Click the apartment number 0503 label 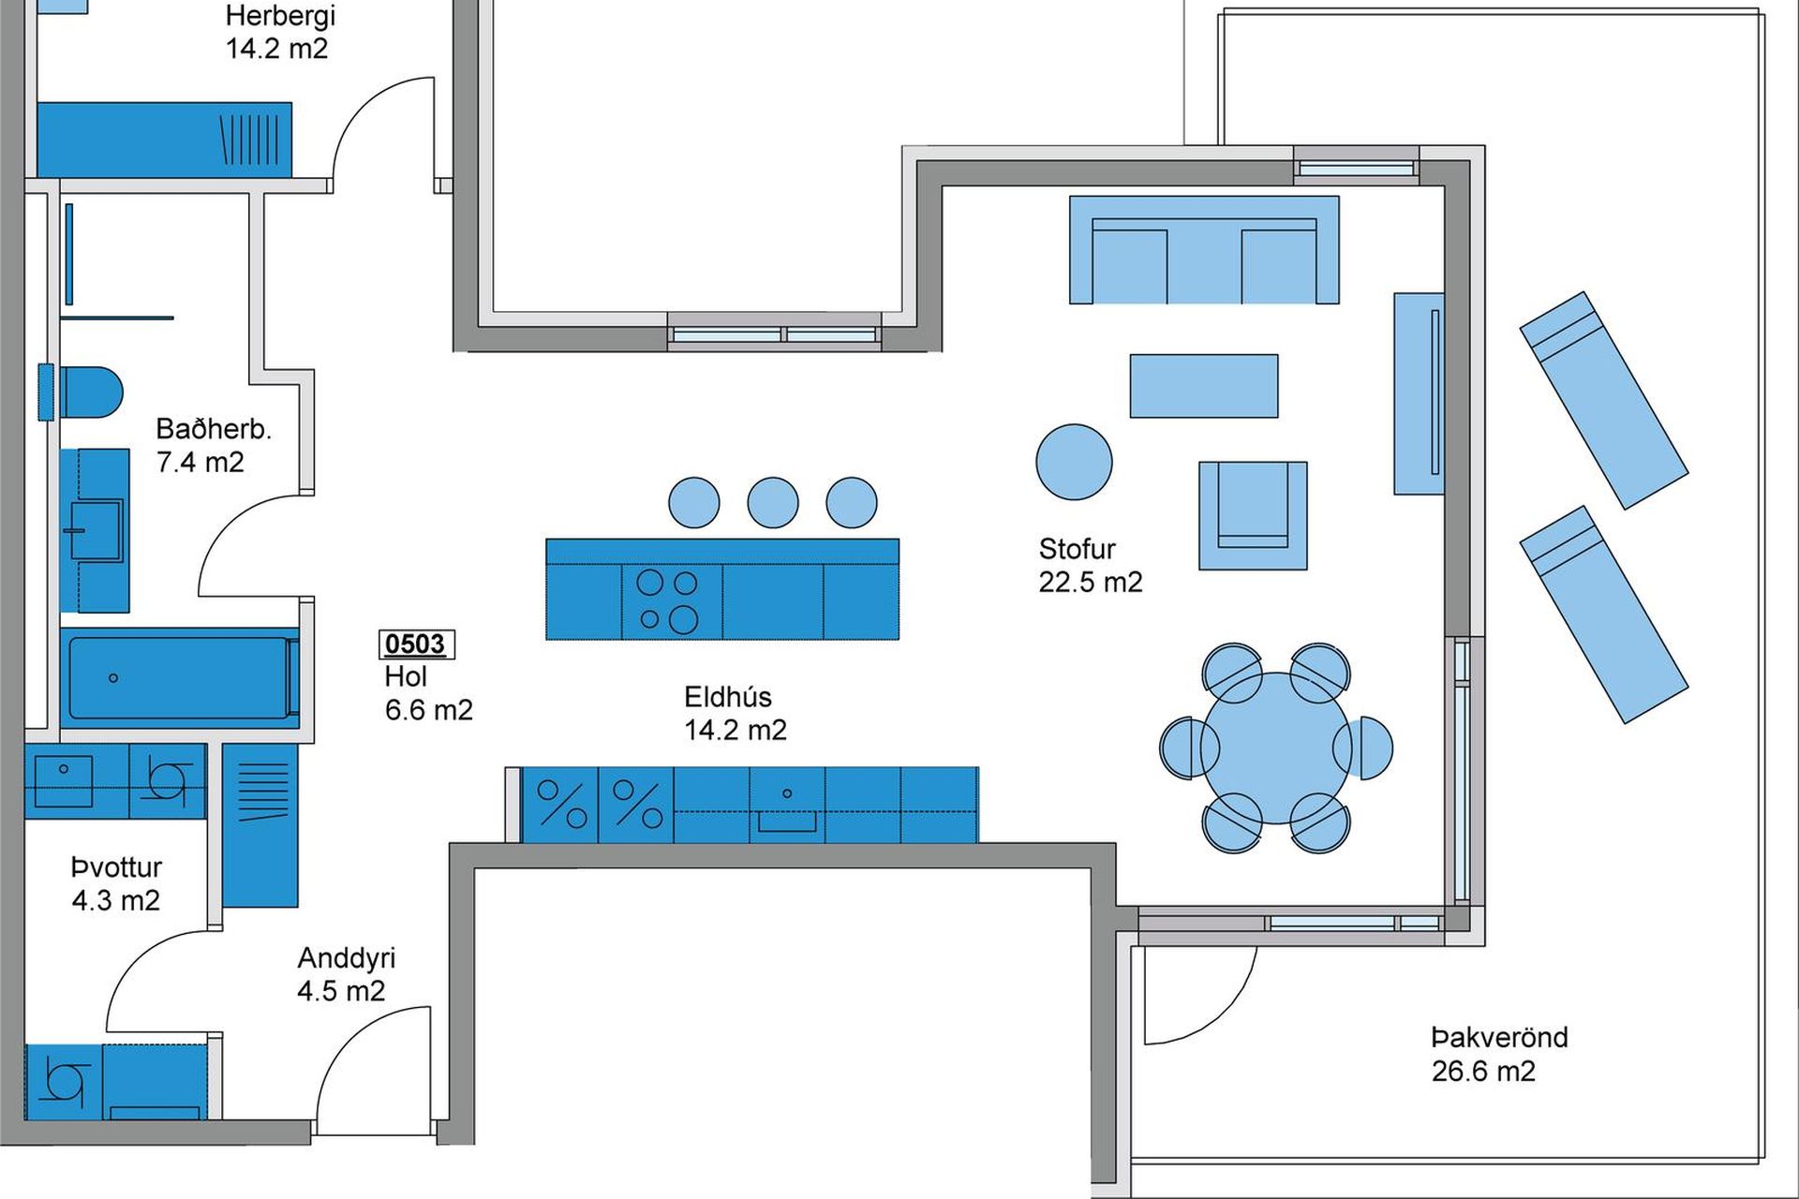coord(416,644)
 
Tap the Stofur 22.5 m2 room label coord(1090,565)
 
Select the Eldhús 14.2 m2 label coord(735,713)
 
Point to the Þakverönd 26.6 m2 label coord(1499,1054)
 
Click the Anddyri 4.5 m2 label coord(346,974)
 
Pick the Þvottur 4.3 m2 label coord(116,883)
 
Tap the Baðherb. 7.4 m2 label coord(213,445)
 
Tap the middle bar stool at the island coord(773,502)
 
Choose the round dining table coord(1276,748)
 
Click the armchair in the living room coord(1253,515)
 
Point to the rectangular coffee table coord(1204,386)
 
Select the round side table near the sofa coord(1074,462)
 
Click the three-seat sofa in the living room coord(1204,250)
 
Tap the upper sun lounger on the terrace coord(1604,401)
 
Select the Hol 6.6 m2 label coord(428,693)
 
